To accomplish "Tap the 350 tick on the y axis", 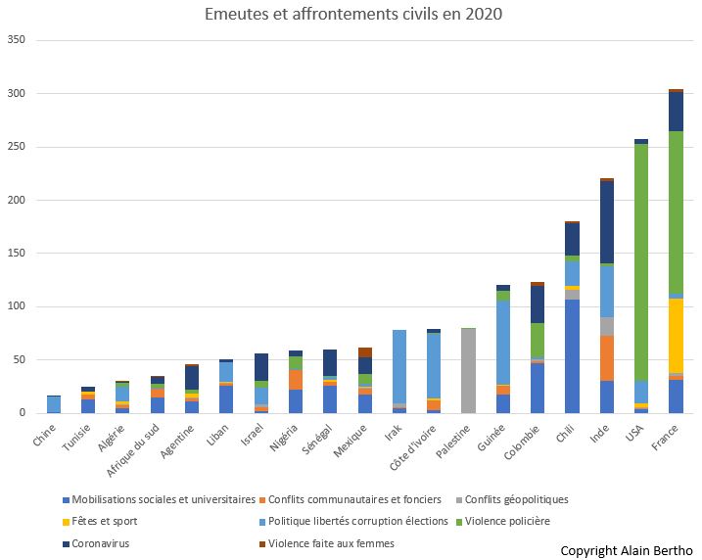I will [17, 40].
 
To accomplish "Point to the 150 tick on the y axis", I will [17, 253].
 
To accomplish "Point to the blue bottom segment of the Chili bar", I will [572, 356].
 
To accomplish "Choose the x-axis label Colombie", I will [529, 444].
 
